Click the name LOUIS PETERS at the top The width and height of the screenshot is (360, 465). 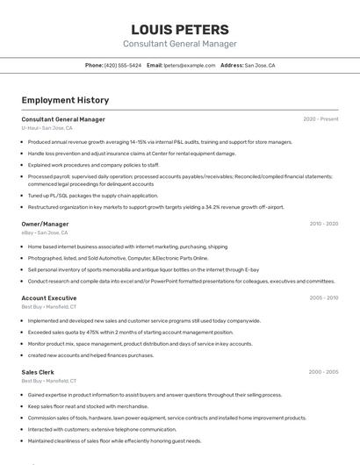click(179, 29)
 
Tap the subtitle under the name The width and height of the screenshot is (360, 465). click(179, 44)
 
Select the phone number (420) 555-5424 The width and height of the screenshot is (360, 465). click(123, 65)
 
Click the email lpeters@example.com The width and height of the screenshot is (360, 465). click(189, 65)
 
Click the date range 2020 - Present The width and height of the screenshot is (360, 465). click(320, 119)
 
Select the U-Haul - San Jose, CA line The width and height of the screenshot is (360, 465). click(47, 128)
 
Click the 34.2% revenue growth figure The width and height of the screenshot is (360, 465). click(212, 207)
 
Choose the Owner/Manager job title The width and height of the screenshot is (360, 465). click(45, 224)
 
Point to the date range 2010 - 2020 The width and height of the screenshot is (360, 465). click(323, 224)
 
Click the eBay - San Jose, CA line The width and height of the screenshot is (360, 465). click(44, 232)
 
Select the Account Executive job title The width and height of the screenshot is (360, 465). click(49, 298)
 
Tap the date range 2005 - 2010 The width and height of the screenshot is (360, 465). click(323, 298)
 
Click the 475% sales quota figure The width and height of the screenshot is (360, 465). click(96, 333)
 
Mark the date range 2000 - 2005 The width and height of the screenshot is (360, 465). click(323, 373)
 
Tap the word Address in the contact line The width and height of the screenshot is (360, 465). click(231, 65)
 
